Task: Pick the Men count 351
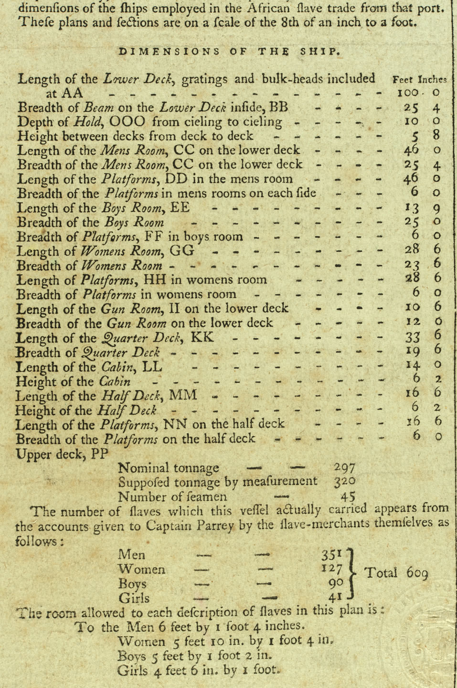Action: point(333,555)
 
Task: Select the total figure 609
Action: point(417,573)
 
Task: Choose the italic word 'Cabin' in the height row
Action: point(114,382)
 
